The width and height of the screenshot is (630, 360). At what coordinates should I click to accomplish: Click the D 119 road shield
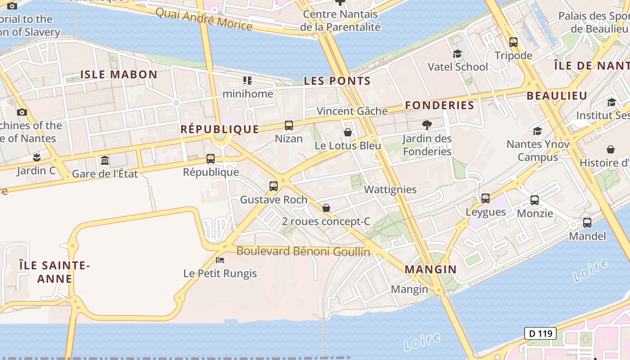tap(540, 333)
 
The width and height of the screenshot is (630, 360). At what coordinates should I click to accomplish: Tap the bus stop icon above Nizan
tap(289, 126)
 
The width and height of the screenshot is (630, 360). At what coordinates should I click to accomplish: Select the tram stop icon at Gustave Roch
tap(273, 186)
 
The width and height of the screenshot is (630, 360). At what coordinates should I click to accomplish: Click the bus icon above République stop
tap(211, 158)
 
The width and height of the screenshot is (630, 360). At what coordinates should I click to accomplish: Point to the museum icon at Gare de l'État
tap(105, 160)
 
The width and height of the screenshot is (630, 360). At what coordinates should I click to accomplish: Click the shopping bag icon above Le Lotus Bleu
tap(347, 132)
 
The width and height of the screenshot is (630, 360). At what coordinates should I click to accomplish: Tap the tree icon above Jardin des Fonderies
tap(427, 125)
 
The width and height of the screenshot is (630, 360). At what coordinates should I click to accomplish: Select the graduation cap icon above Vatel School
tap(457, 54)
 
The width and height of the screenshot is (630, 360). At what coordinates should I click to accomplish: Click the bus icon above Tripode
tap(513, 42)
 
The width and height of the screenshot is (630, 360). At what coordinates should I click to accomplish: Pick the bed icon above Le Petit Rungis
tap(220, 260)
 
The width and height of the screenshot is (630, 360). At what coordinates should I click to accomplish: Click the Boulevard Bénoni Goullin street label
tap(303, 251)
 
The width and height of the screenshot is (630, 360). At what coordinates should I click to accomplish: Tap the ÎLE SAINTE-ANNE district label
tap(54, 272)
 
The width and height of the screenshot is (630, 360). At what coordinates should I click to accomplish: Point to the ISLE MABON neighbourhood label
tap(119, 75)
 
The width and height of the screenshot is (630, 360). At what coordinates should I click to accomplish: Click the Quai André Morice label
tap(204, 19)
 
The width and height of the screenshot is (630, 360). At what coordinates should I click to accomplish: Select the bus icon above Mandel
tap(587, 222)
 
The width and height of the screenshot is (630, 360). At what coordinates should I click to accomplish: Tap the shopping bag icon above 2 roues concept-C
tap(326, 208)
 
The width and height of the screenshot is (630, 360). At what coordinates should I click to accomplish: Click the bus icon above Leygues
tap(485, 198)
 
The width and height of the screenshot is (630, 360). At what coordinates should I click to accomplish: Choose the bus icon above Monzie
tap(535, 200)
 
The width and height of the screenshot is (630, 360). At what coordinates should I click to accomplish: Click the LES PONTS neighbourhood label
tap(337, 81)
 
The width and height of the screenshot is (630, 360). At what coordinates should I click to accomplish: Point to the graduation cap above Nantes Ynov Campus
tap(537, 131)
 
